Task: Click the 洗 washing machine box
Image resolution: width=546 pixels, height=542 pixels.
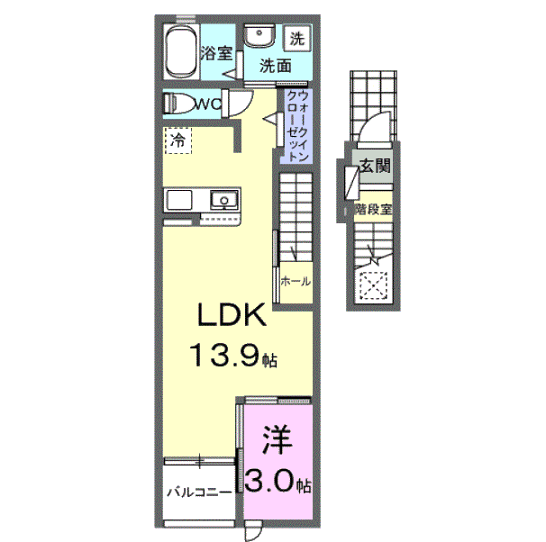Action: pyautogui.click(x=297, y=39)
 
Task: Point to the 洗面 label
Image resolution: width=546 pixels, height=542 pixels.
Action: pyautogui.click(x=276, y=66)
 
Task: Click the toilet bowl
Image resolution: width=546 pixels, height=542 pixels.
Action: pyautogui.click(x=180, y=103)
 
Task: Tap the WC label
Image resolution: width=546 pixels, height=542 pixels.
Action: pyautogui.click(x=209, y=104)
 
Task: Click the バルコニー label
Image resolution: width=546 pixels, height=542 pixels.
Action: pyautogui.click(x=199, y=492)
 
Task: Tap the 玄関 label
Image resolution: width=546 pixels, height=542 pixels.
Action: pyautogui.click(x=375, y=166)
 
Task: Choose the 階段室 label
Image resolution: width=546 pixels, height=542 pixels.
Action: pyautogui.click(x=373, y=208)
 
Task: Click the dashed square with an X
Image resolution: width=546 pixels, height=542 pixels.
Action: pyautogui.click(x=372, y=286)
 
